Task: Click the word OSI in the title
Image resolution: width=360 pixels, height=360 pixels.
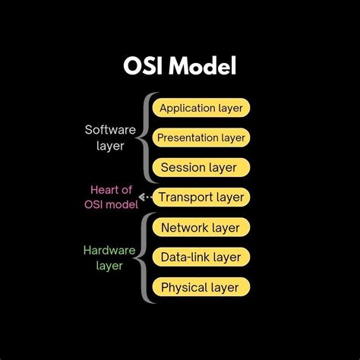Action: point(144,67)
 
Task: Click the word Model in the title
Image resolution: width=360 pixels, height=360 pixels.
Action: point(203,67)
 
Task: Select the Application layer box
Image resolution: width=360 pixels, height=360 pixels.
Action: point(201,108)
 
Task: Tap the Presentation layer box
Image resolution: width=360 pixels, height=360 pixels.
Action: point(201,137)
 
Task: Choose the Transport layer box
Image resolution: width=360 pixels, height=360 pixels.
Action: point(201,197)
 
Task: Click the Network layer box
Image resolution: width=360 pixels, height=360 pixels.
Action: point(201,227)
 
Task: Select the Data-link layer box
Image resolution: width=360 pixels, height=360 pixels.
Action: point(201,257)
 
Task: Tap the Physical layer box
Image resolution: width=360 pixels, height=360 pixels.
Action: point(201,287)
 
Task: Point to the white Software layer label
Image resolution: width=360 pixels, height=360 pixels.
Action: point(110,137)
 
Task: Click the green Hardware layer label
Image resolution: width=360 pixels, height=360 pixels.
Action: point(109,257)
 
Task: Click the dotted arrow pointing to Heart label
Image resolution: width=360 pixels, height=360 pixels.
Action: point(144,197)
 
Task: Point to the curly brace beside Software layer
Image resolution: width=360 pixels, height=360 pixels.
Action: point(144,137)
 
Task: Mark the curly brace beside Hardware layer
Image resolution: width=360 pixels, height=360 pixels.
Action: point(144,257)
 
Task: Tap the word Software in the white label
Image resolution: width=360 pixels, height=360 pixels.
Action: point(110,130)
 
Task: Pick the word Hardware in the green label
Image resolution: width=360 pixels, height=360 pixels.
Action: point(109,249)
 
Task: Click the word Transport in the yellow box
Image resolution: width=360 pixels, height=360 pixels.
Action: point(185,197)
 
